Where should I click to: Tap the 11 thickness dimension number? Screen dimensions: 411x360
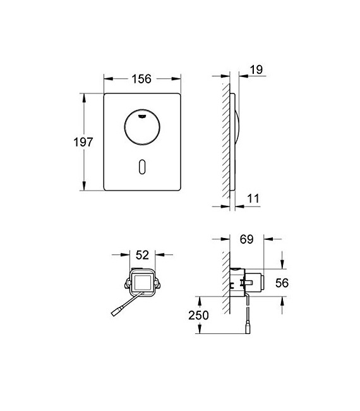tap(253, 199)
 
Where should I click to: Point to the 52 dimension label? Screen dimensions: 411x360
tap(142, 255)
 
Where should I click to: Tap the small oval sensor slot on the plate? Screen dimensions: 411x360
tap(143, 167)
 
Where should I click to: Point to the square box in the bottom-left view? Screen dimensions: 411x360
tap(142, 281)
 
